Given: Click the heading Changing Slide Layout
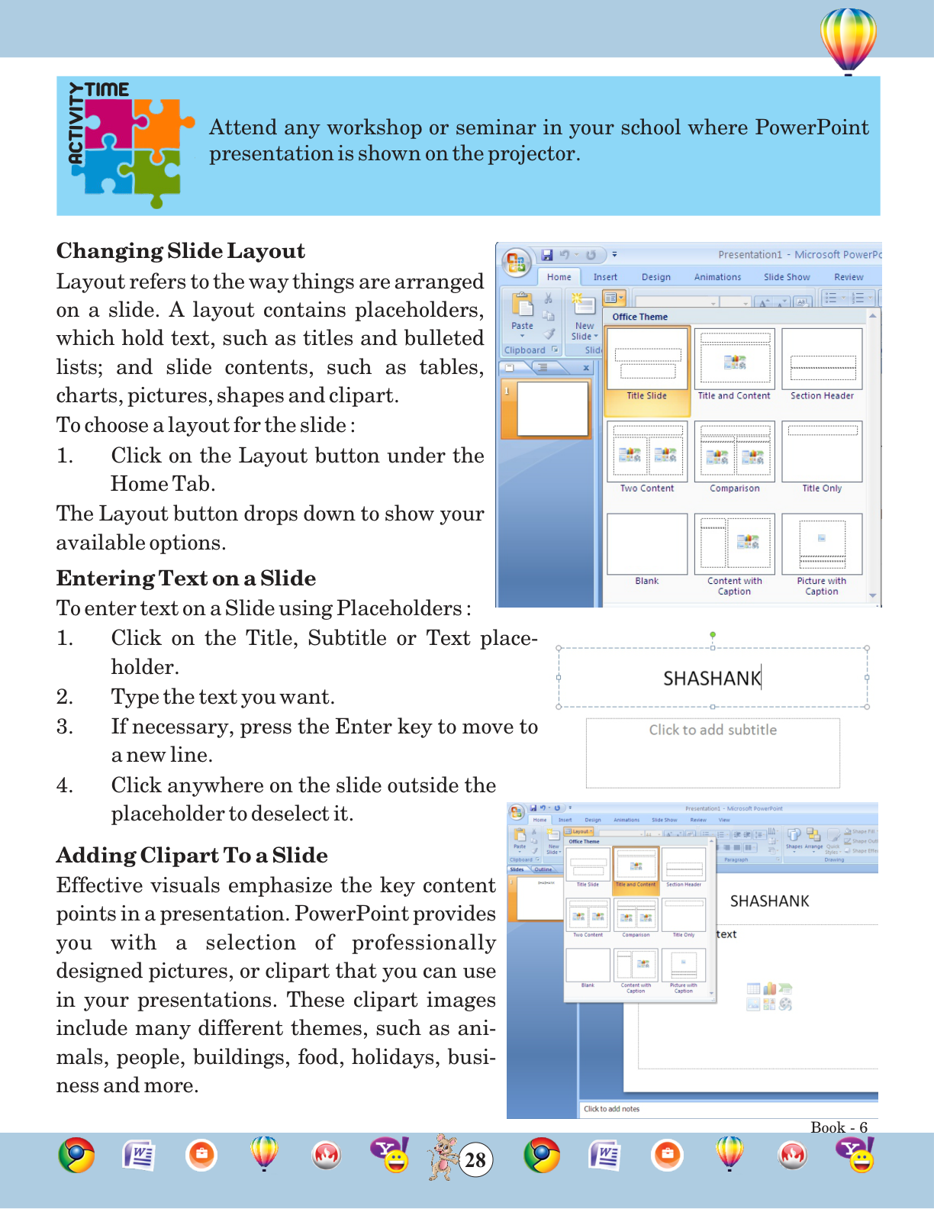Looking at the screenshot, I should [180, 251].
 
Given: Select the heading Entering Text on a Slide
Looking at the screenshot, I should [185, 579].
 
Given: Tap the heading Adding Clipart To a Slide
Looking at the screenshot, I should [192, 855].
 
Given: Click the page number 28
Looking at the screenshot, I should [475, 1160].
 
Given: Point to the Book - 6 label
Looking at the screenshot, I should [839, 1127].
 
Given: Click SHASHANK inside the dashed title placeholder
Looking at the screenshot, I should [711, 679].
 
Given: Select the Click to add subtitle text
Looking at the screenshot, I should [713, 730].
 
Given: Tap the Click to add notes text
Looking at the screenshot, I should [612, 1109].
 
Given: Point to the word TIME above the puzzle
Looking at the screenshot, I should [108, 89].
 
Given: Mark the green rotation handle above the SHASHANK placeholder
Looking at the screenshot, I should [713, 634].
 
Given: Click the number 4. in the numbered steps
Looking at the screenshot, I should [65, 785].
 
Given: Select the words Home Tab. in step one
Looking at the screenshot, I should [163, 484].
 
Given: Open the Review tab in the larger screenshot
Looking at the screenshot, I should [849, 277].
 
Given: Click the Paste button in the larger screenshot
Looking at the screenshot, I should [523, 313].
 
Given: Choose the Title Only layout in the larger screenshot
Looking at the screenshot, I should [822, 456].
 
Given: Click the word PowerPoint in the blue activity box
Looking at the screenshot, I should [811, 127].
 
